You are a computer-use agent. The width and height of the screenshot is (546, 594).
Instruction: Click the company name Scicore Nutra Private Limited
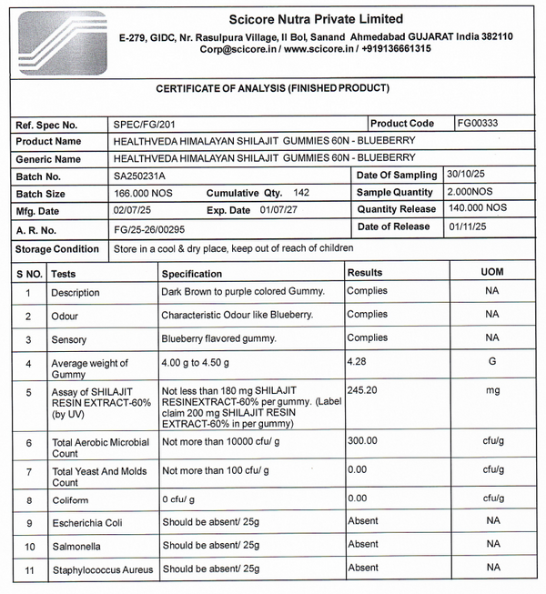(x=315, y=19)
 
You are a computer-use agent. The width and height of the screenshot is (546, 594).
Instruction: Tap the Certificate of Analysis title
(x=273, y=88)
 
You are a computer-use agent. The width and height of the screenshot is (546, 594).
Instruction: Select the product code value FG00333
(x=478, y=123)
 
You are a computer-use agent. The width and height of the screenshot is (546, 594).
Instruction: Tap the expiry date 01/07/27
(x=278, y=210)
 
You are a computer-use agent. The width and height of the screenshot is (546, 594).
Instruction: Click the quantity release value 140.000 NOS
(x=477, y=208)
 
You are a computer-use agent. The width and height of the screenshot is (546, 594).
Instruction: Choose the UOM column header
(x=491, y=272)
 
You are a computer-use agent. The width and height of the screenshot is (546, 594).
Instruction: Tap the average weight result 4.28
(x=358, y=362)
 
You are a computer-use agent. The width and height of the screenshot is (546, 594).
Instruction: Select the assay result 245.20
(x=362, y=389)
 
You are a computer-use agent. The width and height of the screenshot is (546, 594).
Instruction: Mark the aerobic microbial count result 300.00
(x=362, y=440)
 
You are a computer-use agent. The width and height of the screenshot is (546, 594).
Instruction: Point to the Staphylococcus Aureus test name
(x=100, y=569)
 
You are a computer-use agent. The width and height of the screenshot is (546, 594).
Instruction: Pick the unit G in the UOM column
(x=491, y=362)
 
